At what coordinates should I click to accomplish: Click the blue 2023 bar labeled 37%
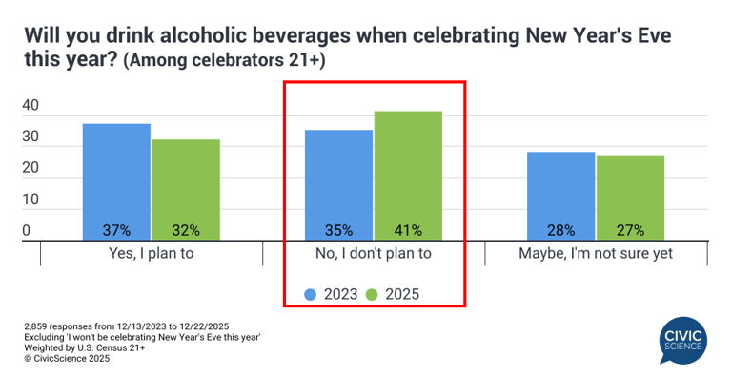(116, 181)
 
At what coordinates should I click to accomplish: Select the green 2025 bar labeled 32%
(186, 189)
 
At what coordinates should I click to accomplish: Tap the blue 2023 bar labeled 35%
(338, 184)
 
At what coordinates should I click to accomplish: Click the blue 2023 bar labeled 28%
(560, 196)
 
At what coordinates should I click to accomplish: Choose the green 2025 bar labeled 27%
(630, 197)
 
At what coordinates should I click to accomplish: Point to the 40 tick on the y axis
(30, 106)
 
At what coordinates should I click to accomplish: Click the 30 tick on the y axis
(30, 137)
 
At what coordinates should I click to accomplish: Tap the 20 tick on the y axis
(30, 169)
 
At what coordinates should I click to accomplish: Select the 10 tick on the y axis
(30, 200)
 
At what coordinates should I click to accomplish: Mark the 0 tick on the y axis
(27, 231)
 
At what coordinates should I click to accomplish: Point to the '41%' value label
(408, 230)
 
